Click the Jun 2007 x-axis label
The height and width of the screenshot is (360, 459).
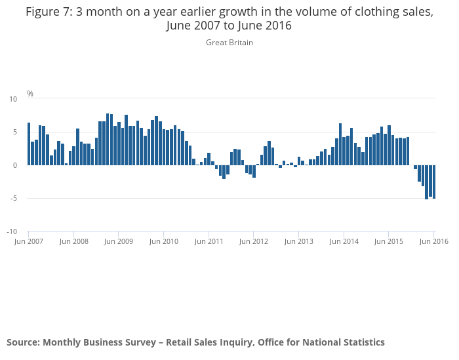click(x=28, y=241)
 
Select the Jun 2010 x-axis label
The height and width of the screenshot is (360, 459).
click(x=164, y=241)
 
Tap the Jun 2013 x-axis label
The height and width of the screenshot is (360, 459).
click(x=298, y=241)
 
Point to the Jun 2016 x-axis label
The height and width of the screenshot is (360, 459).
click(x=434, y=241)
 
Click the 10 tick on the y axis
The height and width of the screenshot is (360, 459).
click(x=13, y=99)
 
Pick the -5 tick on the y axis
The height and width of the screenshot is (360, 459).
click(x=14, y=198)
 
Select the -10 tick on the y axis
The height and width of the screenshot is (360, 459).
click(x=12, y=231)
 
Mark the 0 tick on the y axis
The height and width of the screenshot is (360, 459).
click(x=15, y=165)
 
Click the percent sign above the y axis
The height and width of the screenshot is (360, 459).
click(x=30, y=94)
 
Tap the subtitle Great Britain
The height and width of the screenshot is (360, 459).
click(x=229, y=43)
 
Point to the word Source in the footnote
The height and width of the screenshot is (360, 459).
click(x=23, y=342)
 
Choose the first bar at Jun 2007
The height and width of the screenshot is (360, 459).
click(x=29, y=144)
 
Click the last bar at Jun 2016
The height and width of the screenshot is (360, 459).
click(x=434, y=182)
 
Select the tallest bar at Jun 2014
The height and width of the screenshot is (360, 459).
click(x=340, y=144)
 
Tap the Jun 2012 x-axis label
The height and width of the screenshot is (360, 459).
click(x=254, y=241)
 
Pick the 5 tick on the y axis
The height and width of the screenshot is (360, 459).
click(x=15, y=132)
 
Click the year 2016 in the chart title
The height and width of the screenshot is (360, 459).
click(x=279, y=26)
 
